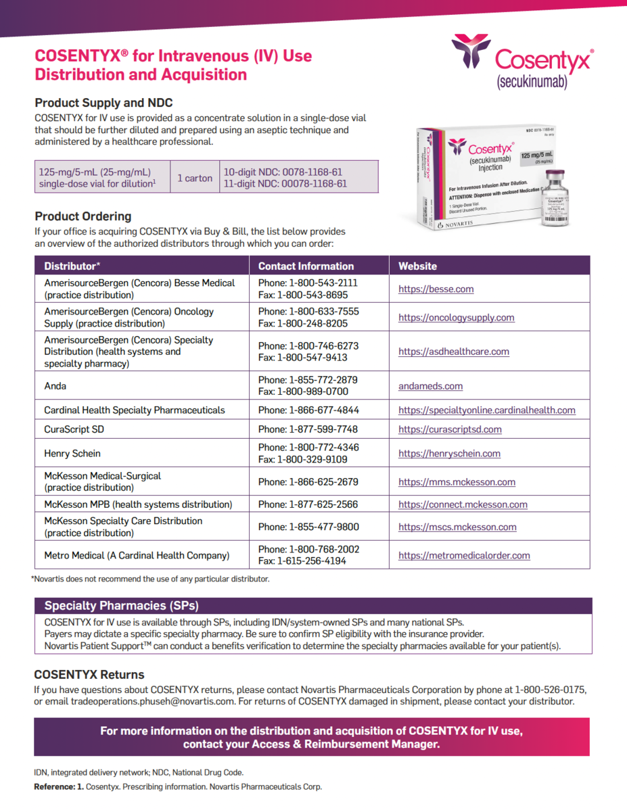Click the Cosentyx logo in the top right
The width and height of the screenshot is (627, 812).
(x=522, y=61)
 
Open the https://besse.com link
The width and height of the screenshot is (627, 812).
(x=436, y=289)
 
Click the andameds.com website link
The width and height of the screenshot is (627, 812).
(x=430, y=386)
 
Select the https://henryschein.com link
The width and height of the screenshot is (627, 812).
(x=449, y=454)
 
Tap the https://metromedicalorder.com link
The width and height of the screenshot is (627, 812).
(x=464, y=556)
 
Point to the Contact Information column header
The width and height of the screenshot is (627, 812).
(x=306, y=266)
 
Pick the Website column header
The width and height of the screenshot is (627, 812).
(x=417, y=266)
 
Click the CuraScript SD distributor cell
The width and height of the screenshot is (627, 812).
(x=74, y=429)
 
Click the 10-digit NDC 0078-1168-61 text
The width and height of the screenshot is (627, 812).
(x=283, y=172)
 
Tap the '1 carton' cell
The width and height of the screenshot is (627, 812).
(x=195, y=178)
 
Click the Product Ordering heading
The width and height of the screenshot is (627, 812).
(x=83, y=216)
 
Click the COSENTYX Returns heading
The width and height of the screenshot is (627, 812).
(x=89, y=675)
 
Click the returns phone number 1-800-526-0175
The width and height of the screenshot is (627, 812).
(x=551, y=690)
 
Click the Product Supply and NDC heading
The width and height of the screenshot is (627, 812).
(x=103, y=103)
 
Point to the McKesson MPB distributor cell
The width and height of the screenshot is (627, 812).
(x=138, y=504)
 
